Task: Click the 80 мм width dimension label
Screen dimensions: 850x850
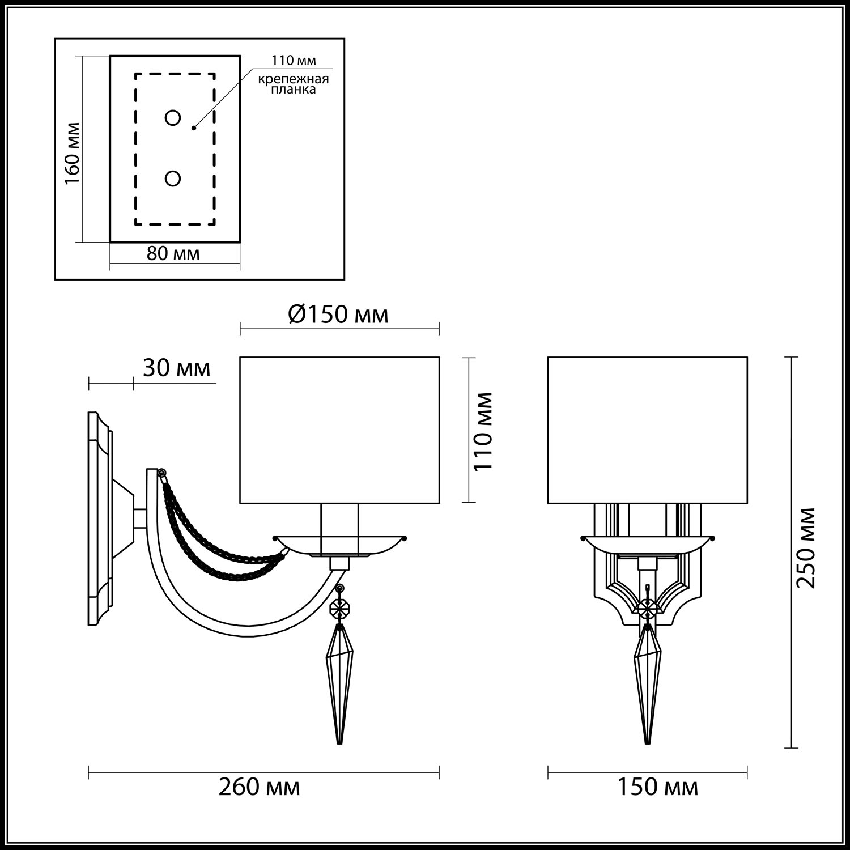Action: point(173,253)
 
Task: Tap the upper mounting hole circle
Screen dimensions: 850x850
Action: point(173,118)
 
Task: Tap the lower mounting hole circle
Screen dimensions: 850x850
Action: point(173,178)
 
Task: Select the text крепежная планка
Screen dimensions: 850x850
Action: point(293,84)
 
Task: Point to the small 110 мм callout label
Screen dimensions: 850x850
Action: point(293,61)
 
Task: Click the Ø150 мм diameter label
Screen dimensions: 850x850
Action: point(338,314)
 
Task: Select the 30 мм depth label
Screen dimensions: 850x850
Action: point(176,368)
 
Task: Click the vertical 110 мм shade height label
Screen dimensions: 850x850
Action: point(483,430)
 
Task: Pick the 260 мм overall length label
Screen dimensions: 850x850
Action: point(260,787)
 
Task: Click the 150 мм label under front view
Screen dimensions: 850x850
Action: point(657,787)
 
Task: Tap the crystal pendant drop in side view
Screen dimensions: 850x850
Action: point(339,680)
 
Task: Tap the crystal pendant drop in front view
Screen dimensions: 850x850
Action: point(647,680)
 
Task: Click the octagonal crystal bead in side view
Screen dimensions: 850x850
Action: point(339,610)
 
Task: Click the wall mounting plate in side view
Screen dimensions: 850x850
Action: point(100,518)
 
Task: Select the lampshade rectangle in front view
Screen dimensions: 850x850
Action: point(647,430)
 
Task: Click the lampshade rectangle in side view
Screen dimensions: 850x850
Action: point(339,430)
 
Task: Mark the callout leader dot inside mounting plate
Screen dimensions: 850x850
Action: point(193,128)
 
